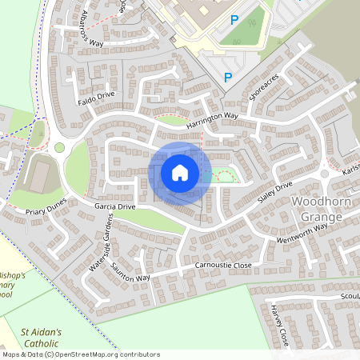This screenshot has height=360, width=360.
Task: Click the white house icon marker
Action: pyautogui.click(x=180, y=172)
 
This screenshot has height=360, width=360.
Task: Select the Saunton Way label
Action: pyautogui.click(x=130, y=271)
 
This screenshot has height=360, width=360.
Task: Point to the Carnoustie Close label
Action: pyautogui.click(x=218, y=265)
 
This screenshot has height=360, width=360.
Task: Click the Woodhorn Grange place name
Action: pyautogui.click(x=322, y=208)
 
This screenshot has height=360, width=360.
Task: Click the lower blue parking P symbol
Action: pyautogui.click(x=228, y=78)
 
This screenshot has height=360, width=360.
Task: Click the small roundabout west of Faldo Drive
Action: pyautogui.click(x=58, y=147)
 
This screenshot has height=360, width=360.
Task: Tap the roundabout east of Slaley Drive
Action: pyautogui.click(x=325, y=174)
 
